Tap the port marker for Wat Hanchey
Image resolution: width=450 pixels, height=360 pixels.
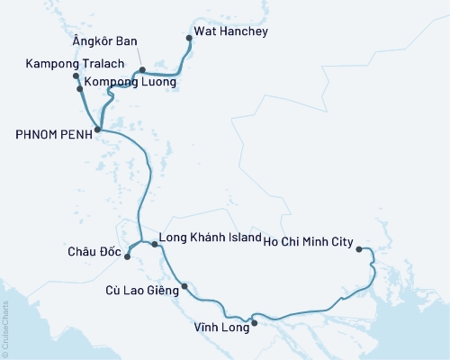pyautogui.click(x=188, y=38)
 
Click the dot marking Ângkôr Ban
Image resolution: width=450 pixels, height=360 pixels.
pyautogui.click(x=142, y=69)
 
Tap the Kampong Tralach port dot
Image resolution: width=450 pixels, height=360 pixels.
pyautogui.click(x=76, y=76)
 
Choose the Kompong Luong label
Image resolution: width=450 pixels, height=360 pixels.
pyautogui.click(x=131, y=81)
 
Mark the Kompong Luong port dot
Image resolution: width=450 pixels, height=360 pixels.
pyautogui.click(x=80, y=89)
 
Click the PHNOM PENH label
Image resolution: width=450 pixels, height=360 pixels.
pyautogui.click(x=52, y=131)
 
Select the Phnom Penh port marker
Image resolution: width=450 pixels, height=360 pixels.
pyautogui.click(x=97, y=130)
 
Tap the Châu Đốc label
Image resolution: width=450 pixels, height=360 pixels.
pyautogui.click(x=93, y=251)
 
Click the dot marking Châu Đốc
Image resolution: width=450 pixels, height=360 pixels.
pyautogui.click(x=127, y=256)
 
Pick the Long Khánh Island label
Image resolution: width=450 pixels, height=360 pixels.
pyautogui.click(x=209, y=240)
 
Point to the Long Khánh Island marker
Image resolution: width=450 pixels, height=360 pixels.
pyautogui.click(x=155, y=244)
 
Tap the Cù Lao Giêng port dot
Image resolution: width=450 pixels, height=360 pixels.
pyautogui.click(x=184, y=287)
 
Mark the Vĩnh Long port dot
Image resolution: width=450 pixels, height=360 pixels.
pyautogui.click(x=254, y=323)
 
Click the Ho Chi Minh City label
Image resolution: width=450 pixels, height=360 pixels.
pyautogui.click(x=308, y=240)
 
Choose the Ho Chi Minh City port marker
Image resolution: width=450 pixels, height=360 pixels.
pyautogui.click(x=359, y=249)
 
